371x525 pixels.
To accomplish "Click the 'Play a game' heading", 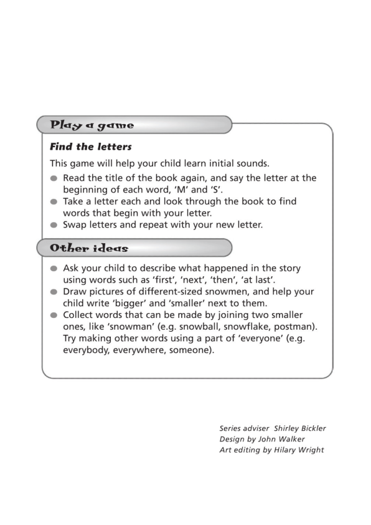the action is coord(92,125).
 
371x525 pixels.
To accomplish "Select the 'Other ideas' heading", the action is coord(89,248).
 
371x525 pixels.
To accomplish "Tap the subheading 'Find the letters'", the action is coord(91,148).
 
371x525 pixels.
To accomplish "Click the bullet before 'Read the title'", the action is coord(55,178).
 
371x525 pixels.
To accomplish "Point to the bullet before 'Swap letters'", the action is coord(55,225).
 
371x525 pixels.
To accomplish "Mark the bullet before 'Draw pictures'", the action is coord(55,292).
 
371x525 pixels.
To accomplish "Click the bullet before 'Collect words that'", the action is coord(55,315).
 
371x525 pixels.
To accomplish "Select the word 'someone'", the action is coord(191,350).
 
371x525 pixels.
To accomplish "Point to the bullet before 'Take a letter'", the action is coord(55,202).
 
